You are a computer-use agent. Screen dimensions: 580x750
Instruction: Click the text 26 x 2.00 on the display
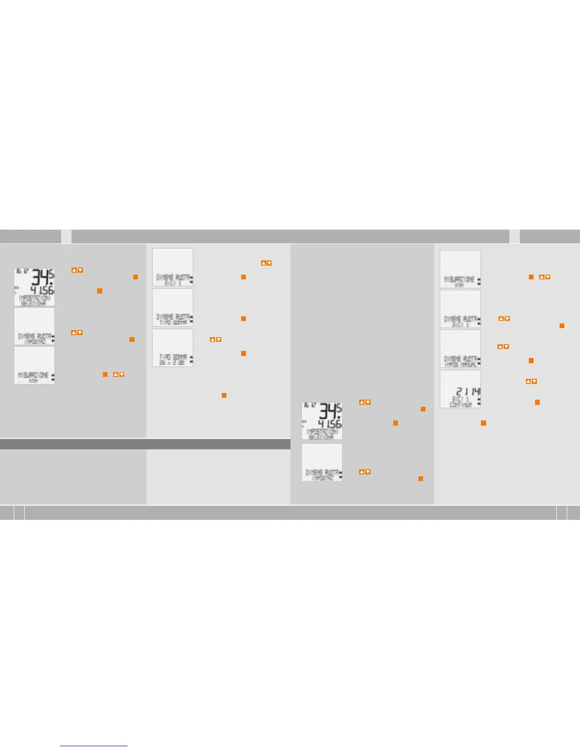click(172, 363)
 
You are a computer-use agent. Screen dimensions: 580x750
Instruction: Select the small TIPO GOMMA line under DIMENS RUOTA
click(172, 322)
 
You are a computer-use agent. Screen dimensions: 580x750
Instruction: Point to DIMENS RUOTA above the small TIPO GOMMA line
click(172, 317)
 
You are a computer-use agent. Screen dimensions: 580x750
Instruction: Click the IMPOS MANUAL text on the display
click(460, 365)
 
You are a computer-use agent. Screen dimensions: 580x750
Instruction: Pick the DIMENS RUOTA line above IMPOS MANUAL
click(460, 359)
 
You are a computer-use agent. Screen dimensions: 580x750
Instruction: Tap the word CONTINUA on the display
click(461, 405)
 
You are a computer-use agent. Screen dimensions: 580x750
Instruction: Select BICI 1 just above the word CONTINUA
click(460, 399)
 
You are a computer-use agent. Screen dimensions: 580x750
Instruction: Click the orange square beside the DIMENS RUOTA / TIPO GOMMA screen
click(244, 319)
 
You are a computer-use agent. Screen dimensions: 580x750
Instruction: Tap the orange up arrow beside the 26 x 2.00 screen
click(213, 339)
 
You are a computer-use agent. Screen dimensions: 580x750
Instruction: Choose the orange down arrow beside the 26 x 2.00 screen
click(219, 339)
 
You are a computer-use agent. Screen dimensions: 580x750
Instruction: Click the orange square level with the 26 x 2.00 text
click(244, 353)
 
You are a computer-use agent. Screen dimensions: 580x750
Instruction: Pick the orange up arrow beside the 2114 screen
click(528, 381)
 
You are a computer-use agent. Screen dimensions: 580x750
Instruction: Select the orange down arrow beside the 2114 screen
click(535, 381)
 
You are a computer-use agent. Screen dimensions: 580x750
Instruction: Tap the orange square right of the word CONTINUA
click(537, 402)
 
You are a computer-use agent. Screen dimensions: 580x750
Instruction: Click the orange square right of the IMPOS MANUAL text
click(531, 360)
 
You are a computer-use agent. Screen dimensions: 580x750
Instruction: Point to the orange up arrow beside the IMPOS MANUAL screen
click(500, 347)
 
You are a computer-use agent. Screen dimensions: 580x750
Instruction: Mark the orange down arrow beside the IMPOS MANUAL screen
click(507, 347)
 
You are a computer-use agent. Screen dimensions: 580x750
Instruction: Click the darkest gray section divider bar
click(145, 444)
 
